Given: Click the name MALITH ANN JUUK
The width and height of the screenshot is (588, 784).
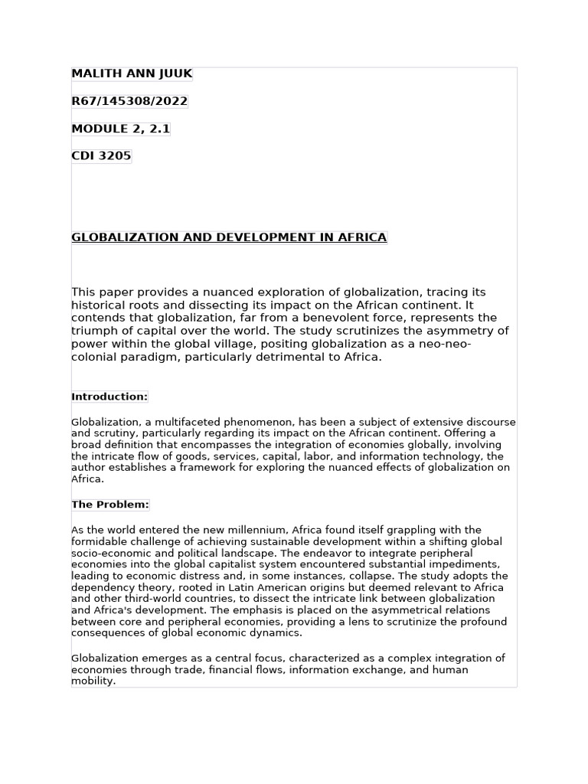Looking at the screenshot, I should tap(132, 73).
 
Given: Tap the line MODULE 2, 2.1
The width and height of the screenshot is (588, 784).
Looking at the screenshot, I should tap(120, 129).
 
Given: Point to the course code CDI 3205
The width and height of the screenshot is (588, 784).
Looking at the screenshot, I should tap(101, 156).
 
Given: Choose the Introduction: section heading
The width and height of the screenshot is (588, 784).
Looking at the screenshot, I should tap(109, 397).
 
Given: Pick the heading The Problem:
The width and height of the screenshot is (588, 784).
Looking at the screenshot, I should tap(110, 505).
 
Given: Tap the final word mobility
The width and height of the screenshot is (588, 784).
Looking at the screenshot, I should tap(93, 681).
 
